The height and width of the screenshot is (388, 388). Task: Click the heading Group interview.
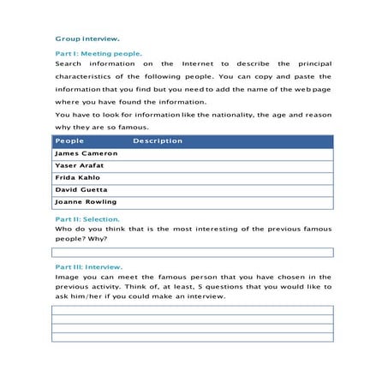(87, 39)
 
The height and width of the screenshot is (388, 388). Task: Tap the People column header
(69, 140)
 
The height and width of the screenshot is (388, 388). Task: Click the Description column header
(158, 140)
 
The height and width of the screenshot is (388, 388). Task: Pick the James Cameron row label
(86, 153)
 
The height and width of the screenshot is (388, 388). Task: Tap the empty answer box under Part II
(193, 252)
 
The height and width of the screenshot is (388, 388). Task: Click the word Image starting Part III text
(67, 277)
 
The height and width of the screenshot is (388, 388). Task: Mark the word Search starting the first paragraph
(69, 63)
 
